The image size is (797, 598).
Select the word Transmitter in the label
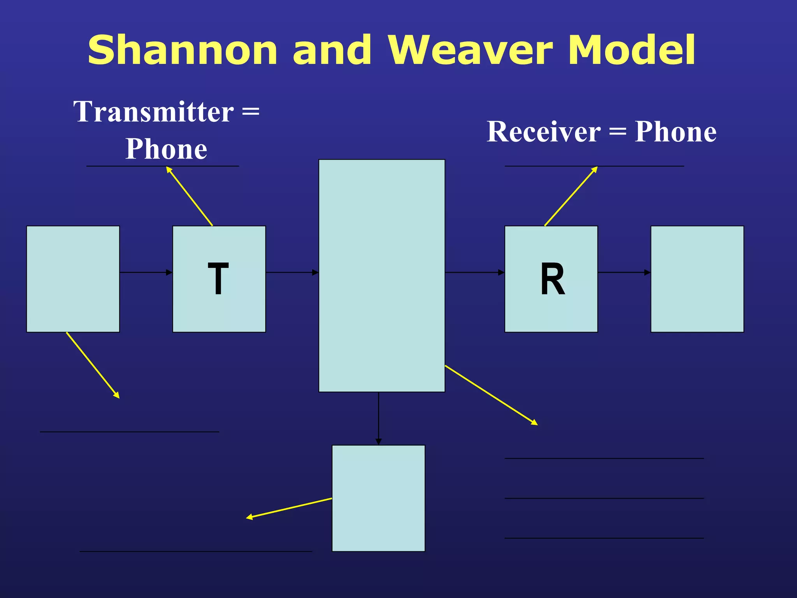(x=154, y=112)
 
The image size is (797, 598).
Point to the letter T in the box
(x=218, y=279)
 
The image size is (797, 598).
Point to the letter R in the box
(x=552, y=279)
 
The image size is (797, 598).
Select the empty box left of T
(x=73, y=279)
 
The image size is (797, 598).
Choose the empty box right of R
(x=697, y=279)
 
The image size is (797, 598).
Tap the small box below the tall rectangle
(x=378, y=498)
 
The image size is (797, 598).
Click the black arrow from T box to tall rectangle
(x=292, y=273)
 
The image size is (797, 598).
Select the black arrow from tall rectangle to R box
(x=475, y=273)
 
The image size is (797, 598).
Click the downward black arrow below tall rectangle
(x=379, y=419)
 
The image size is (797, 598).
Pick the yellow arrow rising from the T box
(x=190, y=196)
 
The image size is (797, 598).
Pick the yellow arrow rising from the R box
(x=571, y=196)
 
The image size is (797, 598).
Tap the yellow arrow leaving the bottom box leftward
(x=289, y=508)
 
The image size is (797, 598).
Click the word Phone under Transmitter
(x=166, y=149)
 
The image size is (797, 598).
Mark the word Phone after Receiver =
(x=676, y=132)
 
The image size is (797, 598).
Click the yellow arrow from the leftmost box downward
(x=93, y=365)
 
